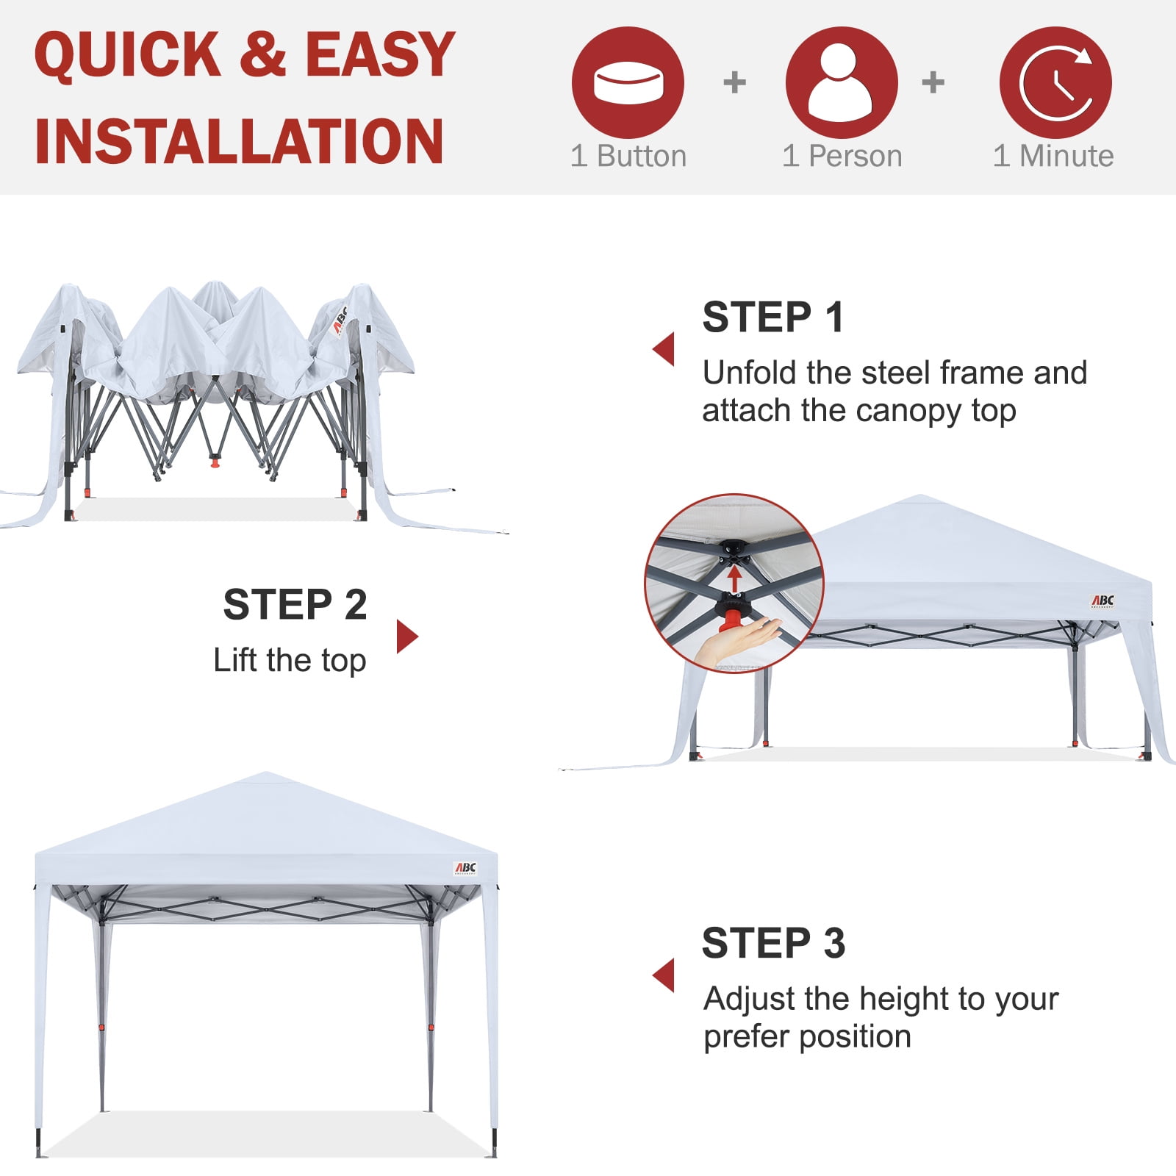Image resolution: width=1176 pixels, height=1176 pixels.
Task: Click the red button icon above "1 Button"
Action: (628, 82)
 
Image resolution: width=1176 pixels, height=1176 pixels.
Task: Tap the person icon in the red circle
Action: (841, 82)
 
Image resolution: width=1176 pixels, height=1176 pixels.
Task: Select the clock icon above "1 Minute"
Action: (1055, 82)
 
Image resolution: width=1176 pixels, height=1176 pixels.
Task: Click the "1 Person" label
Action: (842, 156)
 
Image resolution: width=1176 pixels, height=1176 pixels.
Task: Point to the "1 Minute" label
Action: (1053, 156)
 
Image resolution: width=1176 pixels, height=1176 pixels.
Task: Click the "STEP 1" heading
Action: (772, 318)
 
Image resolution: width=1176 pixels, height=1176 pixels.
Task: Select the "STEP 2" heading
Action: (295, 604)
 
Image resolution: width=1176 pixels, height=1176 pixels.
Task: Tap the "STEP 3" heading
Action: (773, 943)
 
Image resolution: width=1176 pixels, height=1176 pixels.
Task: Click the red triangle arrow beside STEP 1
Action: (664, 348)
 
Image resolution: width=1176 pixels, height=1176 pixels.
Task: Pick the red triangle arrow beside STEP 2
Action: (407, 637)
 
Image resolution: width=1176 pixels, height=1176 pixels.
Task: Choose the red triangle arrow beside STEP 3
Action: (664, 975)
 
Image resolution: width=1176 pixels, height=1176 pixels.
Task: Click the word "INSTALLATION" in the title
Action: (239, 141)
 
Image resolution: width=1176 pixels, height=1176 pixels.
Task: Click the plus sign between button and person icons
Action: (734, 82)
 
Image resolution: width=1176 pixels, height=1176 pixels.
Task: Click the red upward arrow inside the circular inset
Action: (734, 578)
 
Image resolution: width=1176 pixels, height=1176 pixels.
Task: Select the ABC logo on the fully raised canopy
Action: (465, 869)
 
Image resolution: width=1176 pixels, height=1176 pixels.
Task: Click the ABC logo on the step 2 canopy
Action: (1102, 601)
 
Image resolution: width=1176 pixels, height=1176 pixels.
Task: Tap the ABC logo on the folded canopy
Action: (340, 320)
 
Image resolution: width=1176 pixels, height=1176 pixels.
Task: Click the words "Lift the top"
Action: (290, 661)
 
